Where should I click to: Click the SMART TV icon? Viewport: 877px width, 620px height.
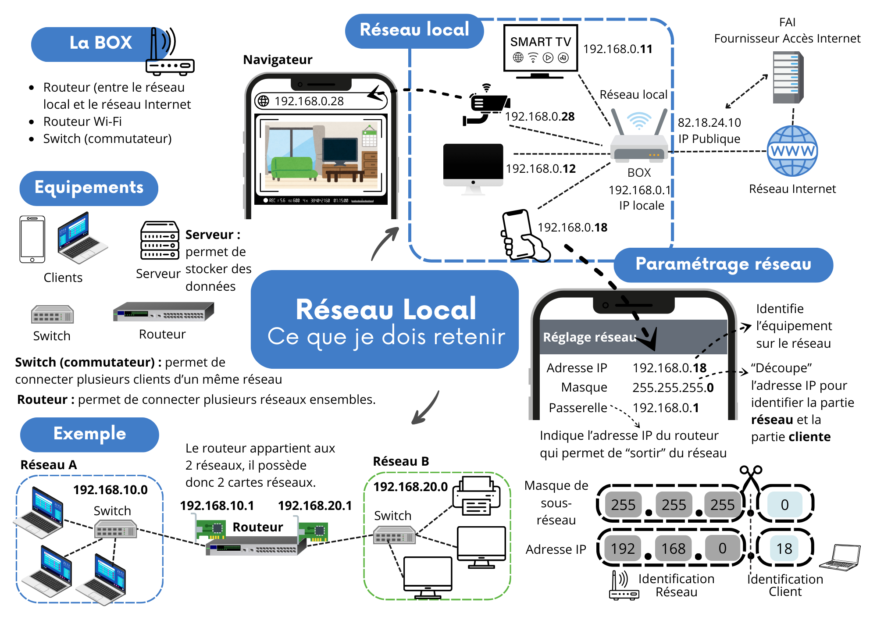(x=540, y=50)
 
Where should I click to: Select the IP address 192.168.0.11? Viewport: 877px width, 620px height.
(x=617, y=49)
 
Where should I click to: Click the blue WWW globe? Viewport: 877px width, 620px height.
(x=792, y=151)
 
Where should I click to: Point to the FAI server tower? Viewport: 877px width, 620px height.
(x=788, y=78)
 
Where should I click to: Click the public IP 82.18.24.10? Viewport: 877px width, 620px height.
(x=709, y=123)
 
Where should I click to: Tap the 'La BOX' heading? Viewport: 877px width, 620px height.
(x=100, y=43)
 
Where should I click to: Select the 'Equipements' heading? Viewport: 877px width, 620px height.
(x=89, y=188)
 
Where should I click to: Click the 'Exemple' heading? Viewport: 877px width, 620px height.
(x=89, y=434)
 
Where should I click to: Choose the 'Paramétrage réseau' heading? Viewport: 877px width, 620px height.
(x=723, y=264)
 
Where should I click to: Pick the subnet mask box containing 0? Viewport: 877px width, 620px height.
(x=784, y=505)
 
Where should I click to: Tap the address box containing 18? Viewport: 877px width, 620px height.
(x=784, y=549)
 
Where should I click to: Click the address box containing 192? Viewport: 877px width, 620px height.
(x=623, y=549)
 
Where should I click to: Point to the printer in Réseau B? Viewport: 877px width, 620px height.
(x=476, y=496)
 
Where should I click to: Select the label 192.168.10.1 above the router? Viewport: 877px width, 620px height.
(x=217, y=506)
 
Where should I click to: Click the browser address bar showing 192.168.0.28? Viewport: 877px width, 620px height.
(x=321, y=101)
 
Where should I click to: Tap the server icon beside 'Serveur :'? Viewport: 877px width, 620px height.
(x=160, y=240)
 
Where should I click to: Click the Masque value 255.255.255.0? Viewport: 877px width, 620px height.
(x=673, y=388)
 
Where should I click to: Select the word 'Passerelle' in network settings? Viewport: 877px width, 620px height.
(x=578, y=408)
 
